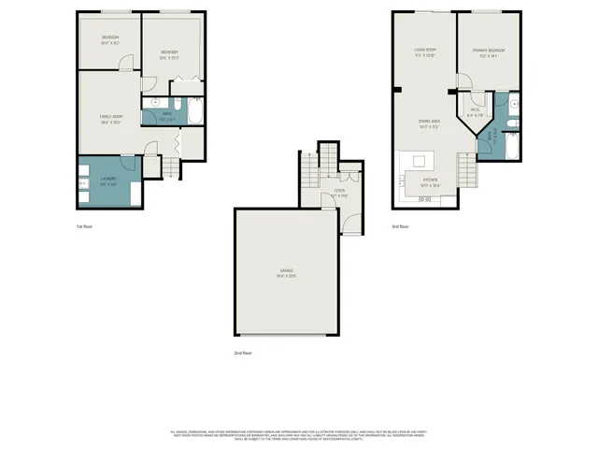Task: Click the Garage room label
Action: point(285,274)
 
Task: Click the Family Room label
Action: point(112,119)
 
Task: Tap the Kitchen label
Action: point(430,181)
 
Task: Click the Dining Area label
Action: point(429,123)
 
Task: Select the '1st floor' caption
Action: point(85,226)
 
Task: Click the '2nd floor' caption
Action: point(244,353)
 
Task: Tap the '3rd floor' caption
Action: point(401,226)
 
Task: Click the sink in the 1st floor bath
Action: point(154,103)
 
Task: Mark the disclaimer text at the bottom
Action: point(299,434)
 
